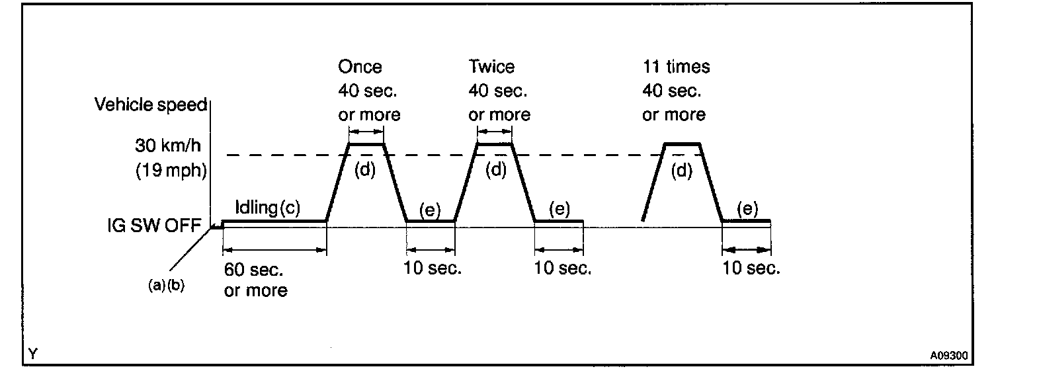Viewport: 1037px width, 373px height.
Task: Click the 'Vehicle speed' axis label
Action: pyautogui.click(x=151, y=105)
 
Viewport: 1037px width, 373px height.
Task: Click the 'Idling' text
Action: pyautogui.click(x=256, y=208)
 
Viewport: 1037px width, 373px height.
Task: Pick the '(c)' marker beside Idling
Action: pyautogui.click(x=289, y=208)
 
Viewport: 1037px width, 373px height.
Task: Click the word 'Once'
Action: pyautogui.click(x=360, y=67)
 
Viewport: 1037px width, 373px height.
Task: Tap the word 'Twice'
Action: pyautogui.click(x=491, y=67)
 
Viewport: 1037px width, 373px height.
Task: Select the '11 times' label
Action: pyautogui.click(x=676, y=67)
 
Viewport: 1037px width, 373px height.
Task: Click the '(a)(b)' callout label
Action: pyautogui.click(x=166, y=287)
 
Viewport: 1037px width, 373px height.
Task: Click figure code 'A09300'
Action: pyautogui.click(x=949, y=355)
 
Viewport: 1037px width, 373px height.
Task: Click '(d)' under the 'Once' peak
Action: pyautogui.click(x=364, y=170)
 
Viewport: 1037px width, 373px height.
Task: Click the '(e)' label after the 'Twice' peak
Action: pyautogui.click(x=560, y=210)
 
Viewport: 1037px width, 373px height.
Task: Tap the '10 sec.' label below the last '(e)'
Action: pyautogui.click(x=751, y=269)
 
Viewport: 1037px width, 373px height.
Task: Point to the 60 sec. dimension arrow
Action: pyautogui.click(x=274, y=250)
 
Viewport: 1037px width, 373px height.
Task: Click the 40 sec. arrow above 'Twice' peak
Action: pyautogui.click(x=495, y=132)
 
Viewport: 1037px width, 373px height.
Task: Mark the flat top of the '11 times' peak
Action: pyautogui.click(x=682, y=144)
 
